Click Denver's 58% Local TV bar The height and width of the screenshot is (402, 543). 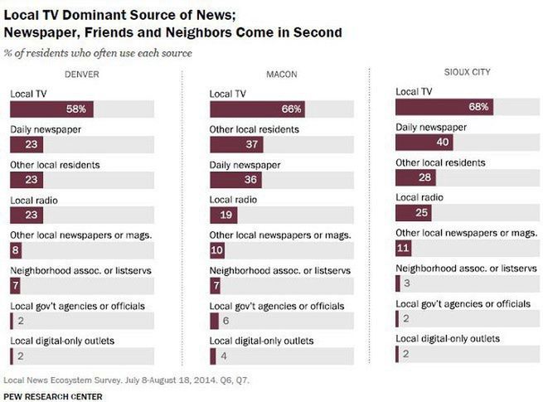(52, 109)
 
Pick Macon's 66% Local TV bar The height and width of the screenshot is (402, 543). (258, 109)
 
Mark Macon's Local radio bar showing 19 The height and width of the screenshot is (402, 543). (224, 216)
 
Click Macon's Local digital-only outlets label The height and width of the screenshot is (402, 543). (261, 341)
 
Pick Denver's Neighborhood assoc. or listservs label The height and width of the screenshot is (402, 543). (72, 270)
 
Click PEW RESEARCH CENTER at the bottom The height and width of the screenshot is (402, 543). (53, 395)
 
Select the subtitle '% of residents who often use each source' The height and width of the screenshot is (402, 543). (99, 53)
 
